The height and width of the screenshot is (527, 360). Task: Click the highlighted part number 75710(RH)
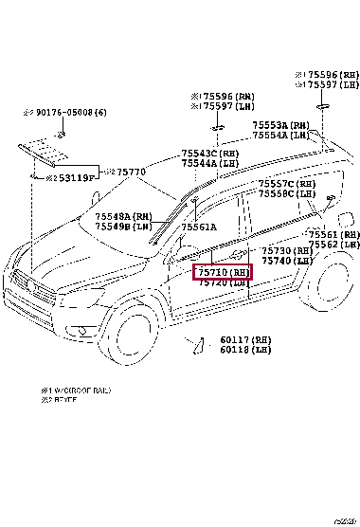(224, 272)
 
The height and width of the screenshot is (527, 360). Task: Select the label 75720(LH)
(224, 282)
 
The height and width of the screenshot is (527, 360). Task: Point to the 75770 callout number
(129, 172)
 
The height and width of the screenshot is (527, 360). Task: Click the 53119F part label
(76, 177)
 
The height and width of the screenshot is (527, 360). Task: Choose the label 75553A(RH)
(280, 125)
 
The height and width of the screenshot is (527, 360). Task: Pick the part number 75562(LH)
(336, 244)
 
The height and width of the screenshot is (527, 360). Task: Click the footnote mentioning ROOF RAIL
(70, 390)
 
